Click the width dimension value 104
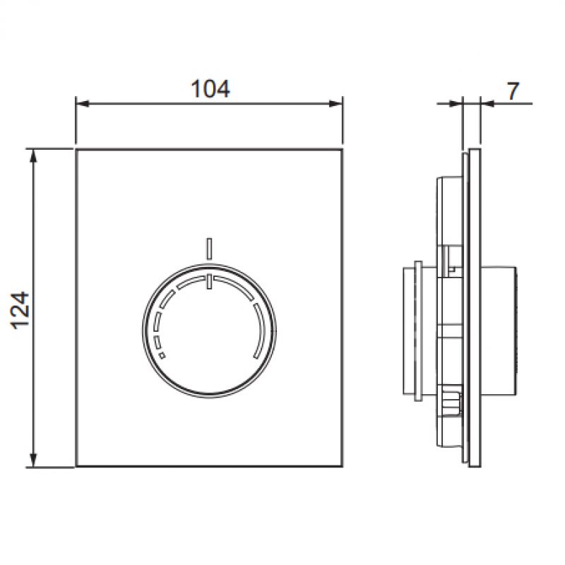click(x=210, y=89)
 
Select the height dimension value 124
click(x=20, y=311)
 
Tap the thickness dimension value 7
click(x=513, y=91)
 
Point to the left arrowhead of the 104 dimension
click(x=83, y=104)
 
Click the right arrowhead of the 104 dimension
click(x=336, y=104)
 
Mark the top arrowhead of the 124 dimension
click(x=33, y=157)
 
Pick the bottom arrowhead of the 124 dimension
click(x=33, y=460)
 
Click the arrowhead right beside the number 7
click(x=488, y=104)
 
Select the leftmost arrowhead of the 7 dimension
click(x=456, y=104)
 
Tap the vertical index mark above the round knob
click(x=209, y=249)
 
